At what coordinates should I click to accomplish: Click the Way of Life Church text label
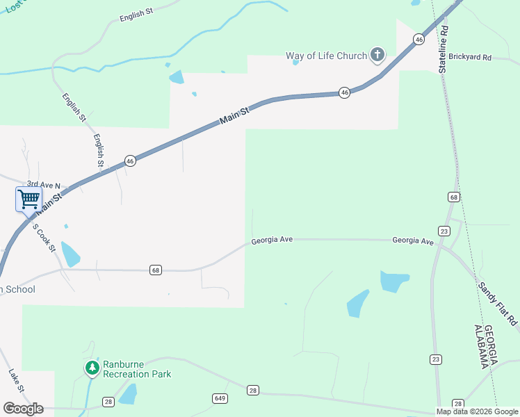click(x=326, y=56)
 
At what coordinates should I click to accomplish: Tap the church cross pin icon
click(x=377, y=54)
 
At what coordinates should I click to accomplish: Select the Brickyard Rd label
click(x=470, y=57)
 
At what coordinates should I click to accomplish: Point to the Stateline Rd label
click(x=444, y=50)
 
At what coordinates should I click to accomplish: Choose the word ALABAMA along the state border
click(x=479, y=346)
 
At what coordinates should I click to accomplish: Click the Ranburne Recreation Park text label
click(x=137, y=368)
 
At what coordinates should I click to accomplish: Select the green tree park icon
click(x=92, y=367)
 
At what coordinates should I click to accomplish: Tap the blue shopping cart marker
click(x=29, y=199)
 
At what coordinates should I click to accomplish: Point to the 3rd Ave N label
click(x=49, y=186)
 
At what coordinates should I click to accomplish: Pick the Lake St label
click(x=17, y=380)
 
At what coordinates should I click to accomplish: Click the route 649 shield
click(x=220, y=398)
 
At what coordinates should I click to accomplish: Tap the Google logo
click(x=23, y=409)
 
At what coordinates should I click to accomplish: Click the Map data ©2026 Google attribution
click(x=478, y=411)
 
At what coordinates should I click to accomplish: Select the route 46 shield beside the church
click(x=418, y=40)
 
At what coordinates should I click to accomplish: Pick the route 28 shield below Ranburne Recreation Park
click(x=108, y=402)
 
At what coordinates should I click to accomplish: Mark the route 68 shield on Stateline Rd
click(x=453, y=197)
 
